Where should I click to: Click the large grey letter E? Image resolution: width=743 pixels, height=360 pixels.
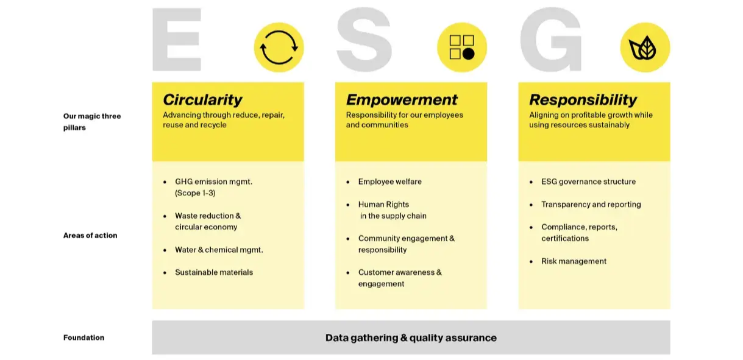[x=177, y=40]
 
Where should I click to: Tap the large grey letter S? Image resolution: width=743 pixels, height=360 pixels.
[x=364, y=40]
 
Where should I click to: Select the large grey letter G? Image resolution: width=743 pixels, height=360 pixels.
[x=550, y=40]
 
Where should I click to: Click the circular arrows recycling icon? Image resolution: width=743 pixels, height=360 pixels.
[x=279, y=48]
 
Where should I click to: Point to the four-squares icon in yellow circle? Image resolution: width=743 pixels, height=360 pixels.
[x=462, y=48]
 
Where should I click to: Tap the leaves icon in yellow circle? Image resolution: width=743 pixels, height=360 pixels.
[x=642, y=48]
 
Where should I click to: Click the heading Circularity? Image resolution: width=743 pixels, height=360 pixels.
[x=203, y=100]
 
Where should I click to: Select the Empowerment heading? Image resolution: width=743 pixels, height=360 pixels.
[x=402, y=99]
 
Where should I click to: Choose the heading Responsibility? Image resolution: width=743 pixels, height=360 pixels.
[x=583, y=100]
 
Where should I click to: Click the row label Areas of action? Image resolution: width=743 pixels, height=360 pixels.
[x=90, y=235]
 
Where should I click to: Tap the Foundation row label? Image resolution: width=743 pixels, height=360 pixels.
[x=84, y=337]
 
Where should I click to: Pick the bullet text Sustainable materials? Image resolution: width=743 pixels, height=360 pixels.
[x=214, y=272]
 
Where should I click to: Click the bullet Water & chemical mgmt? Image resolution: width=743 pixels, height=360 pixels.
[x=219, y=250]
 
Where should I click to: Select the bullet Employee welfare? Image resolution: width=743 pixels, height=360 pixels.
[x=389, y=182]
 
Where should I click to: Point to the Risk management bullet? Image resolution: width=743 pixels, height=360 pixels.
[x=574, y=261]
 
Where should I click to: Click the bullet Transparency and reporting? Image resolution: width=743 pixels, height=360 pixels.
[x=591, y=204]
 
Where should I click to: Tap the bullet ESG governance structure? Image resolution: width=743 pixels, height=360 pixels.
[x=588, y=182]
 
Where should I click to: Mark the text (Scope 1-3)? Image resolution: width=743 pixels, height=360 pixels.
[x=195, y=193]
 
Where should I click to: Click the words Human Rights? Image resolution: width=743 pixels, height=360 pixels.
[x=383, y=204]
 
